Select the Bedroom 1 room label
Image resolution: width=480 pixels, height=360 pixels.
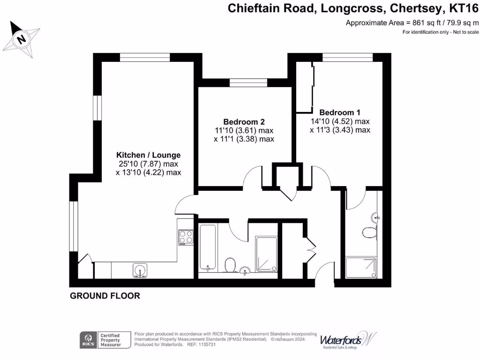pos(340,112)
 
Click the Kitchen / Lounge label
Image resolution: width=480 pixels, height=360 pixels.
pos(148,155)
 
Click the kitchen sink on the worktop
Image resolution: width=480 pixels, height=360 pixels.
pos(140,270)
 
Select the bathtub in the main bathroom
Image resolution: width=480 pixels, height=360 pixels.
pos(207,247)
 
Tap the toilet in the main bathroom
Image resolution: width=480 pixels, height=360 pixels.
pos(230,264)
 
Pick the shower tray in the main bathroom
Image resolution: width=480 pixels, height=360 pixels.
pos(266,254)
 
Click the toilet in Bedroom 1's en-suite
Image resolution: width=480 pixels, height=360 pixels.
pos(370,232)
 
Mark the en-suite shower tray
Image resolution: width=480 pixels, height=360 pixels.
pos(361,268)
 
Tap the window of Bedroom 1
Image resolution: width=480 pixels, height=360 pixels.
pos(347,57)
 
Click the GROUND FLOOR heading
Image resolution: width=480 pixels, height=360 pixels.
pos(105,296)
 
